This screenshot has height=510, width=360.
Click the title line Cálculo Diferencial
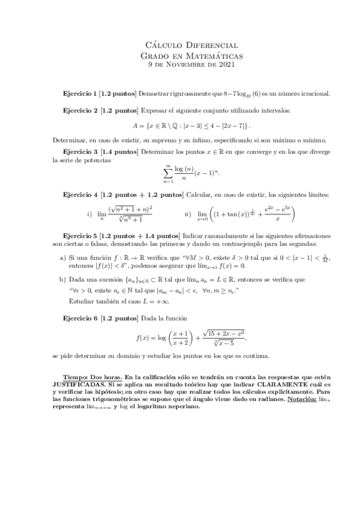click(x=192, y=45)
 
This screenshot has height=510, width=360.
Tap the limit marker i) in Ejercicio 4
click(x=90, y=215)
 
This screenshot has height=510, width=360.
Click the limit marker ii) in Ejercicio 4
click(x=188, y=215)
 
